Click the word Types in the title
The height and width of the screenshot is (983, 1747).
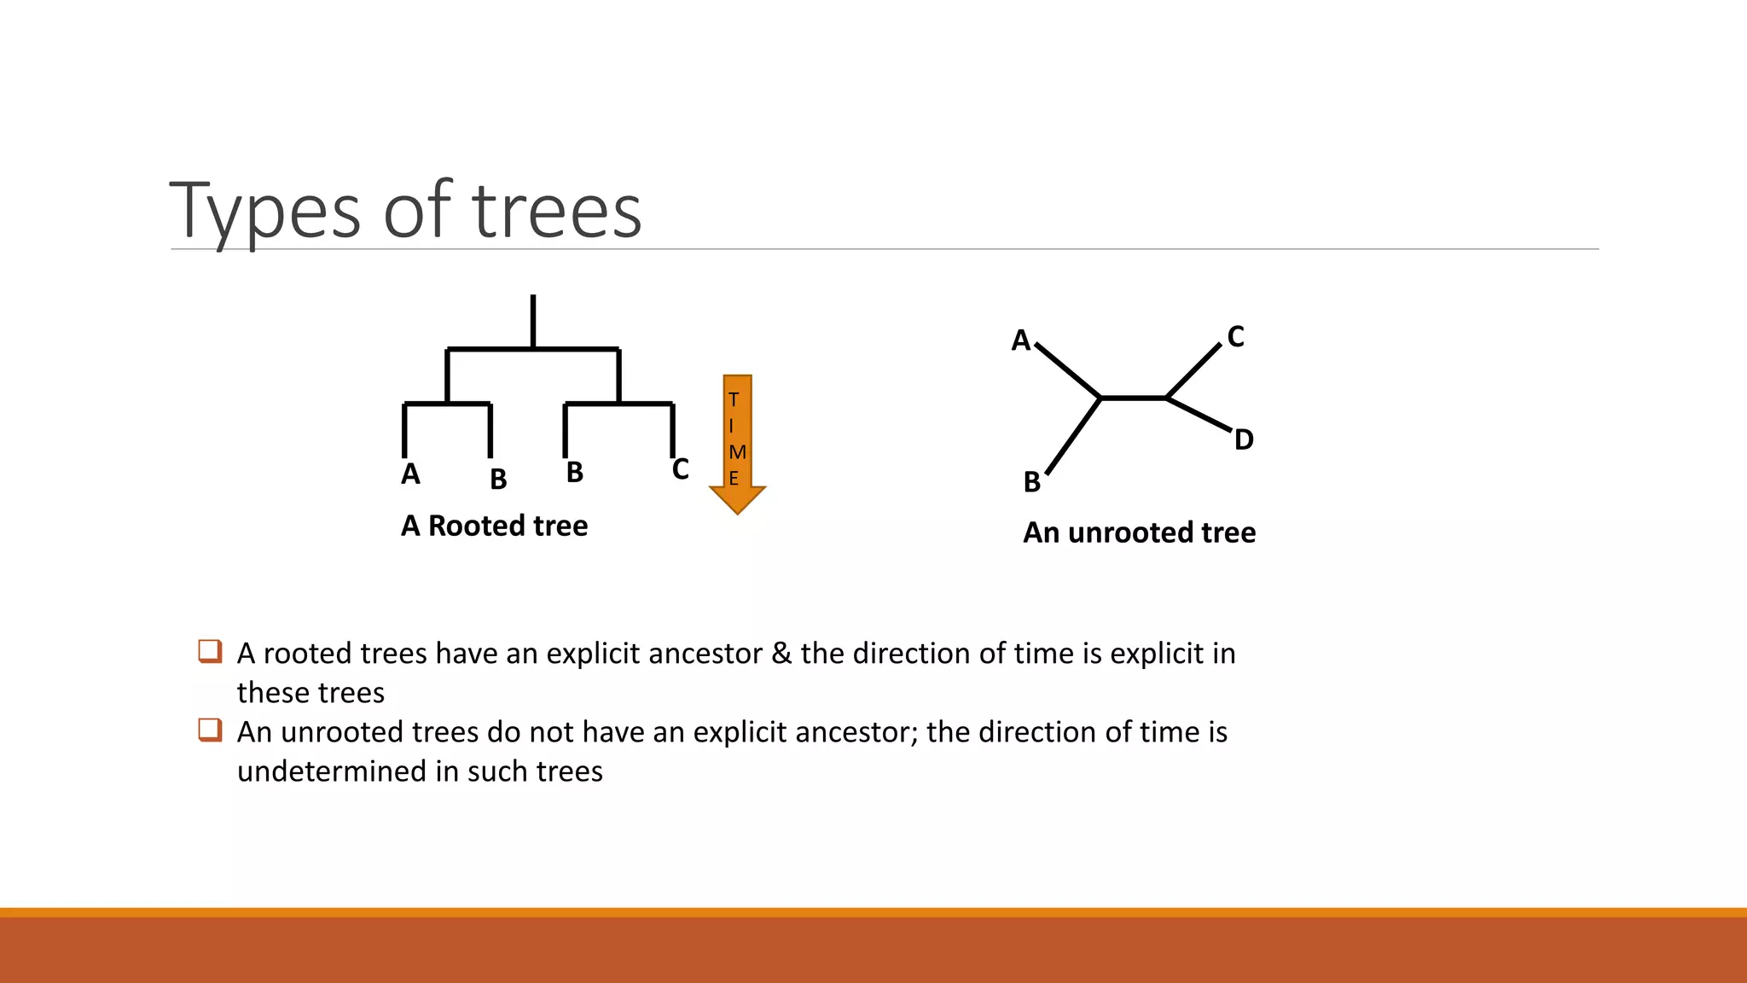pos(265,212)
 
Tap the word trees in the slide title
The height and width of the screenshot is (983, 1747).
pos(556,212)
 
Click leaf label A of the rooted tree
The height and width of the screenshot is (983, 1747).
pos(410,474)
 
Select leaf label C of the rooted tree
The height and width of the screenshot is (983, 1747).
pos(680,468)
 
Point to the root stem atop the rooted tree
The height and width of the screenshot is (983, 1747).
pos(533,320)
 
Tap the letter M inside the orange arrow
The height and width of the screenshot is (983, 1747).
pos(738,451)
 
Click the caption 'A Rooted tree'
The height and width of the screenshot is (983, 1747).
pos(494,526)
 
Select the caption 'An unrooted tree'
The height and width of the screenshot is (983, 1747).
pos(1139,532)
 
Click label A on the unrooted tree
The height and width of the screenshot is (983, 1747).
pos(1020,340)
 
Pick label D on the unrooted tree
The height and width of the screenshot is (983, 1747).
pos(1244,439)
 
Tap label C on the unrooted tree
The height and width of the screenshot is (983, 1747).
pos(1235,336)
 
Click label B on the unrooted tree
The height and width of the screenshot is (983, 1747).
pos(1031,482)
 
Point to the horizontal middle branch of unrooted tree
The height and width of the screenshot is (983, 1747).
pos(1133,398)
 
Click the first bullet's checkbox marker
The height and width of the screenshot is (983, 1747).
pos(210,651)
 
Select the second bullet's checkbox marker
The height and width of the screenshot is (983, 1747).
pos(210,730)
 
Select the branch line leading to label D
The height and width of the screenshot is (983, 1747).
pos(1199,414)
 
